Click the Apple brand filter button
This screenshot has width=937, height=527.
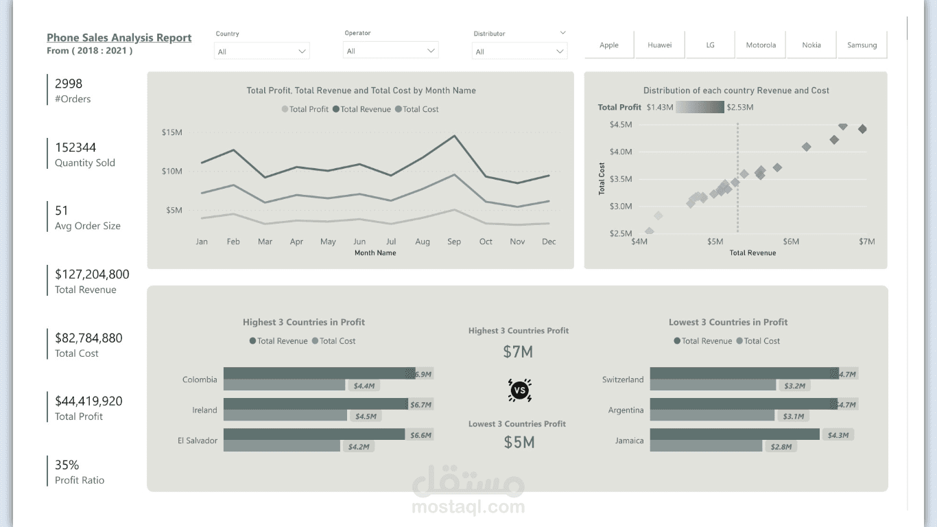click(x=609, y=45)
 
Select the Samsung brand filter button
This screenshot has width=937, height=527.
click(x=862, y=45)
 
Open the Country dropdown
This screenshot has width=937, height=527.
click(x=262, y=51)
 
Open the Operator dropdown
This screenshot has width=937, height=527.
click(x=390, y=51)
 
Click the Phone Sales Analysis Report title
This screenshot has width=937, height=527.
click(x=119, y=38)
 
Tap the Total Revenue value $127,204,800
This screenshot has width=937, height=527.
click(x=92, y=274)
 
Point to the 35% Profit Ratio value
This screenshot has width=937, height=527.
click(x=67, y=465)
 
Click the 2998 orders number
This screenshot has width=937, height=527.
click(x=69, y=84)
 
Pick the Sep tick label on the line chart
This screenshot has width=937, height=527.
click(x=454, y=242)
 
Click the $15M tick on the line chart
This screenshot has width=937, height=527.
click(x=171, y=132)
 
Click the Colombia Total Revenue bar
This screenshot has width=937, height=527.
click(x=319, y=373)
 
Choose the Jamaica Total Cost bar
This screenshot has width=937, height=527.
click(x=706, y=446)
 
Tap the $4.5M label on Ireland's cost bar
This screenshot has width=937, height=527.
click(x=364, y=416)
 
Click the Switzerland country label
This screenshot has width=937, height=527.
click(x=623, y=379)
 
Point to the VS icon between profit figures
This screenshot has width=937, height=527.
click(x=519, y=390)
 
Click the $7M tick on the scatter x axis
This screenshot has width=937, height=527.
click(x=867, y=242)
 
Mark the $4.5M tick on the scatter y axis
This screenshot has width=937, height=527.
click(x=620, y=124)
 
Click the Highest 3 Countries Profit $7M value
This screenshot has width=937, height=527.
click(x=518, y=352)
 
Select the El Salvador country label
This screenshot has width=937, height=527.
click(x=197, y=441)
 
